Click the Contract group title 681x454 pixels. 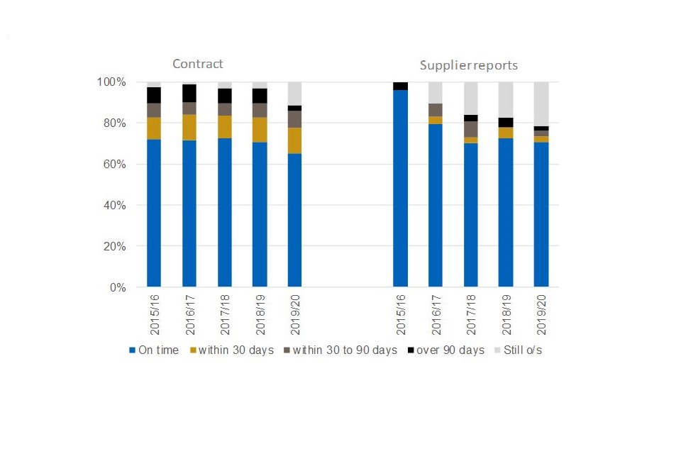198,64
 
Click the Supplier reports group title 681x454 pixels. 468,65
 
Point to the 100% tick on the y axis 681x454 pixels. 111,82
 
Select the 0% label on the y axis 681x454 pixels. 117,288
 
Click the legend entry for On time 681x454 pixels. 154,350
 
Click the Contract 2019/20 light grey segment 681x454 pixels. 294,94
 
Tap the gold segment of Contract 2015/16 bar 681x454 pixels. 154,128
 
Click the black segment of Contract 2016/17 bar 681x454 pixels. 189,93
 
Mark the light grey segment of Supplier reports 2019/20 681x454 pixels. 541,104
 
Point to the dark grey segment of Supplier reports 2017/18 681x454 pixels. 470,129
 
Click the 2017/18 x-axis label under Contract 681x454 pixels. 224,316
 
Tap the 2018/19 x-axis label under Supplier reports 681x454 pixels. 506,316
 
